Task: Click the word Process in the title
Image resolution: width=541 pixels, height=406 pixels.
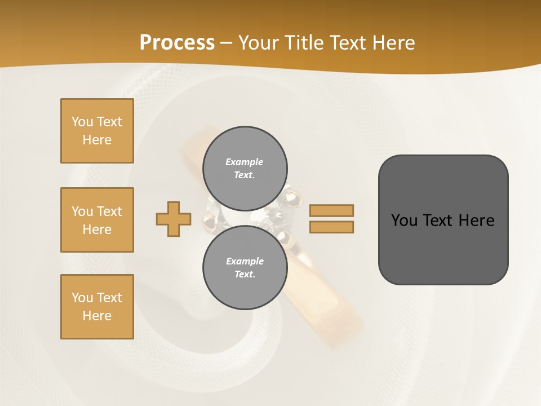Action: point(177,43)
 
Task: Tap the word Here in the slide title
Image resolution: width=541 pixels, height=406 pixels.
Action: point(393,43)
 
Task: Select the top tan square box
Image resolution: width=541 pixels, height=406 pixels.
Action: point(97,131)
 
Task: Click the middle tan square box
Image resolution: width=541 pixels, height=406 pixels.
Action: point(97,220)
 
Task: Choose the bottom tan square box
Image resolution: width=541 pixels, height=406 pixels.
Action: point(97,306)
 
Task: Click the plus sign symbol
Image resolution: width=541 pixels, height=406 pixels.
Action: point(174,219)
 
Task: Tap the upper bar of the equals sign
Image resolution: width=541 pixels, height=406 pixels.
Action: point(331,210)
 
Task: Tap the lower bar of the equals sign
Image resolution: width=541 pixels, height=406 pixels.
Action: point(331,227)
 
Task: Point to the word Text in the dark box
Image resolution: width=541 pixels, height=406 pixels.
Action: point(439,220)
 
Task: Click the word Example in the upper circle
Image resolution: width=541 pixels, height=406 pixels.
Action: point(244,162)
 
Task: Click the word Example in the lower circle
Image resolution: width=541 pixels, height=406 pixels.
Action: point(245,261)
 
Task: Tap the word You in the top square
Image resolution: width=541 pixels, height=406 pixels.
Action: point(82,122)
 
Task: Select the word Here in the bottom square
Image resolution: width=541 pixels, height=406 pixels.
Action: point(97,316)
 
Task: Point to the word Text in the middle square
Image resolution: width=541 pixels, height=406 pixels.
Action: point(109,211)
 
